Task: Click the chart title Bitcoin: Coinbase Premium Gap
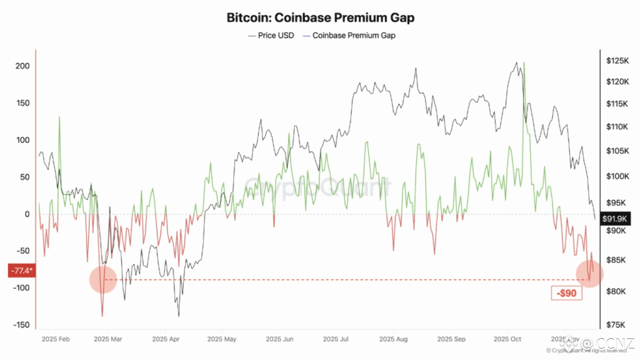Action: (320, 17)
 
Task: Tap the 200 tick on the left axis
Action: (22, 66)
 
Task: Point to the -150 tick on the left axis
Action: (21, 324)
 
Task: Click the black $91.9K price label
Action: (616, 219)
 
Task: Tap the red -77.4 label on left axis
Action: (21, 271)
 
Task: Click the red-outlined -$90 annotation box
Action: (566, 292)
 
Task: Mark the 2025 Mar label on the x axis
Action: (107, 339)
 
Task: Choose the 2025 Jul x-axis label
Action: (336, 339)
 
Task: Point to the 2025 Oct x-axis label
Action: (507, 339)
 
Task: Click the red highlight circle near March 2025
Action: (103, 279)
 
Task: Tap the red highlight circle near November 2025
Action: (589, 273)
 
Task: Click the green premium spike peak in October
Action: (524, 62)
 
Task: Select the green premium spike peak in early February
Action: (60, 117)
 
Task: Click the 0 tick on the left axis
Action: (27, 214)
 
